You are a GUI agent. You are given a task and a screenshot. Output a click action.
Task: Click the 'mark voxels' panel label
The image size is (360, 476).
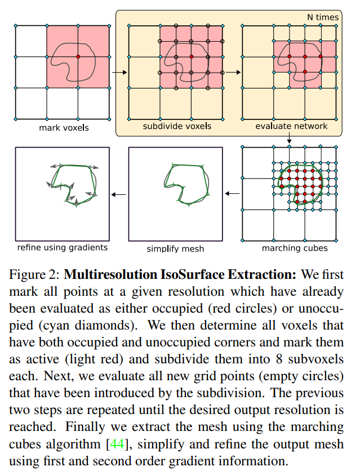tap(64, 128)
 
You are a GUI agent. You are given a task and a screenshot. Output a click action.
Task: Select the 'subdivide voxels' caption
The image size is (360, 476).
tap(177, 126)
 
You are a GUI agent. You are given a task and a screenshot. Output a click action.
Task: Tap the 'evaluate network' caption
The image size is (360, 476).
tap(291, 126)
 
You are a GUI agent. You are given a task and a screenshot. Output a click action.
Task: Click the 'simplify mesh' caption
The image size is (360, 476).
tap(175, 248)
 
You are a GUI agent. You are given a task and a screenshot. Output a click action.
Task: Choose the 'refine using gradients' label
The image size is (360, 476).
tap(63, 247)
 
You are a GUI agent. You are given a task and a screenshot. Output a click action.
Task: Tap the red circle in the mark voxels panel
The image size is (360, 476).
tap(78, 57)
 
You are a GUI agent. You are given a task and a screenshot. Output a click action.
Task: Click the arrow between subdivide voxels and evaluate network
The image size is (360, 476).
tap(233, 72)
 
